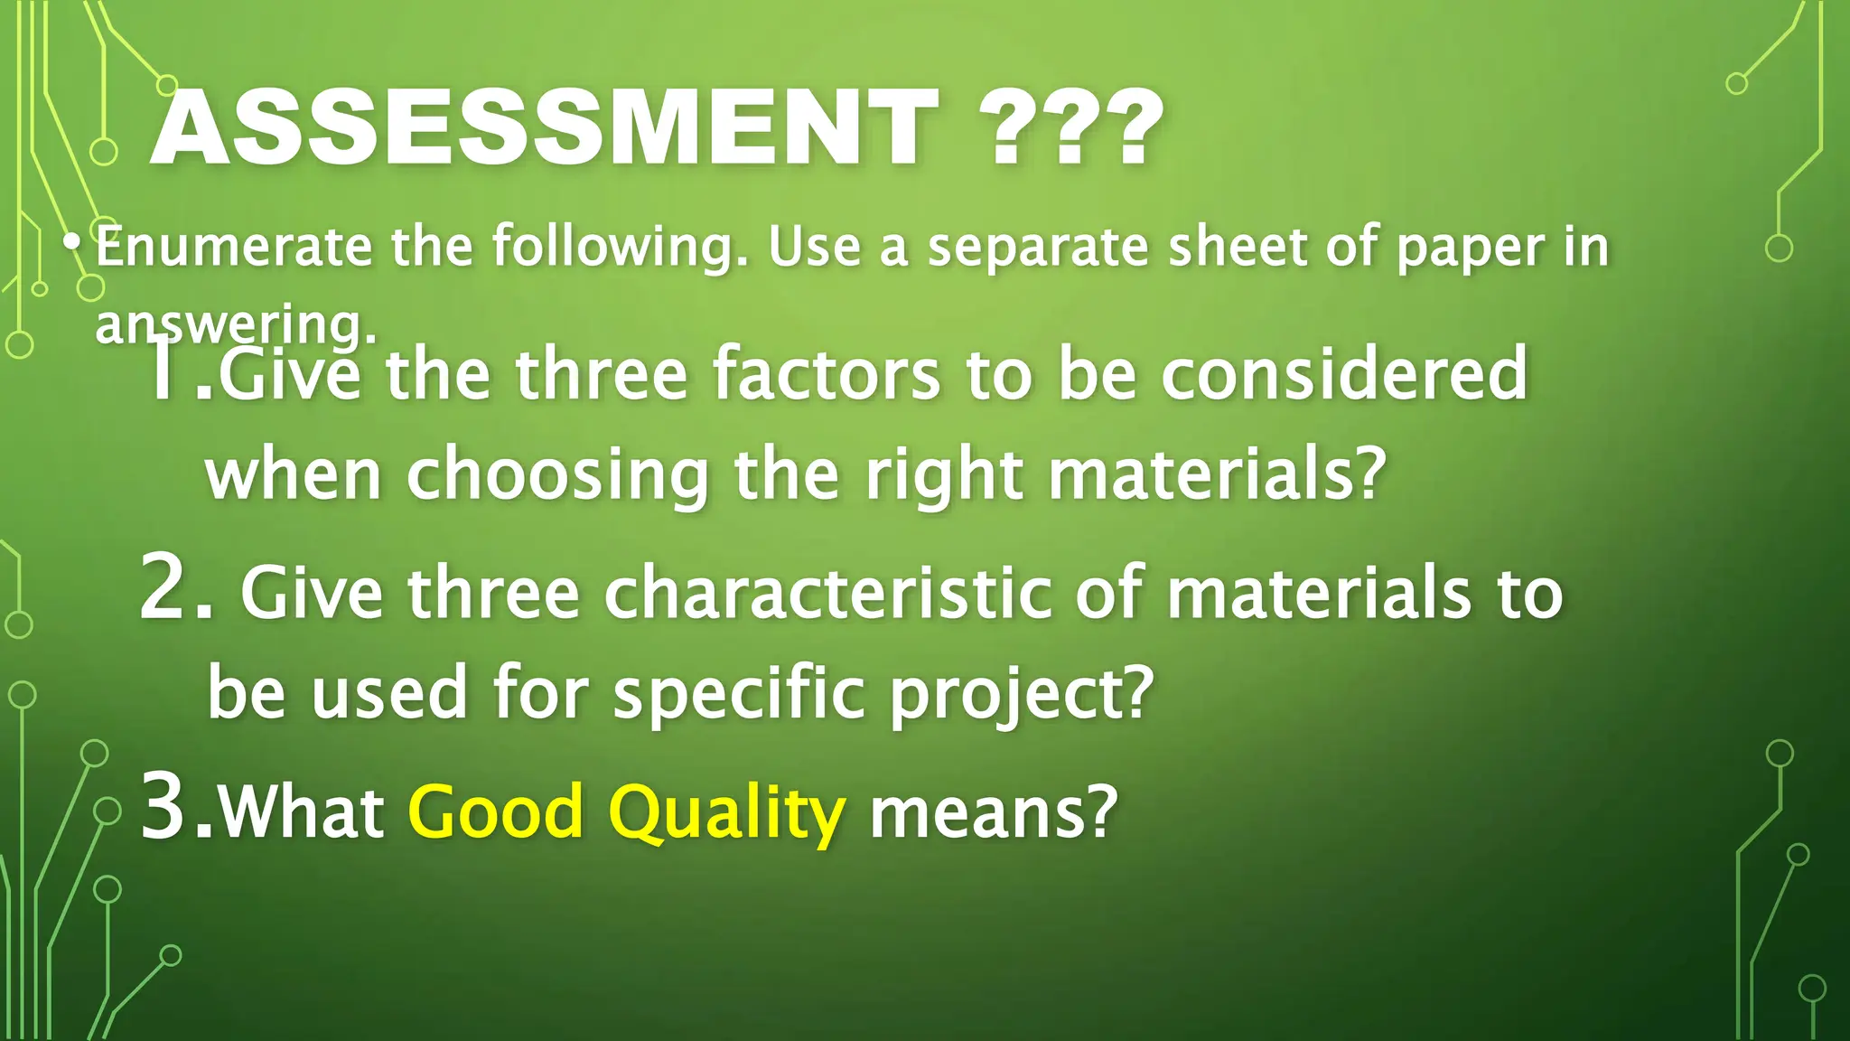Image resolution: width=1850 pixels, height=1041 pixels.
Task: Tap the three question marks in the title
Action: point(1070,128)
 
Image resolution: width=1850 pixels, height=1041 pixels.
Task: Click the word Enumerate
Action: point(233,247)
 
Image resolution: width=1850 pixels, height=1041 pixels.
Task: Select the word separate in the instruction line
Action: point(1039,249)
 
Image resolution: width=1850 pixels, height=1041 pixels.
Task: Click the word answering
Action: point(235,325)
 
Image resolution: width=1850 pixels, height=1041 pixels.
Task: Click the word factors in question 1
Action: point(827,374)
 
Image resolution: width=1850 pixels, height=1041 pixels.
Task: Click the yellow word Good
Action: point(496,811)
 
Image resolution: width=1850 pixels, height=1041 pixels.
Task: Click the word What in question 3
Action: point(302,811)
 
